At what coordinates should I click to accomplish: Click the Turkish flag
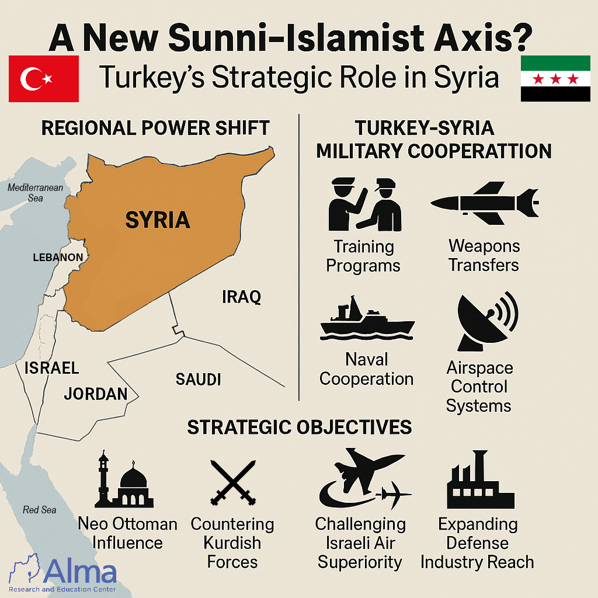44,78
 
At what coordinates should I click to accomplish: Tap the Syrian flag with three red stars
555,78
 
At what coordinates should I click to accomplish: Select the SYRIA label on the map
157,220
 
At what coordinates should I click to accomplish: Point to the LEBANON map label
58,258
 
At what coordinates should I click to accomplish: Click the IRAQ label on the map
241,297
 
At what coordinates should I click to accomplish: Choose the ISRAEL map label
51,368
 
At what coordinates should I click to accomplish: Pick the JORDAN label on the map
96,394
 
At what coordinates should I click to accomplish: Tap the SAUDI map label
198,380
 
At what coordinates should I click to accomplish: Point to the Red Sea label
40,510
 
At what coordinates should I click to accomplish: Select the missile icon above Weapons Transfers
484,204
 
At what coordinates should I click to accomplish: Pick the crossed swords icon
233,482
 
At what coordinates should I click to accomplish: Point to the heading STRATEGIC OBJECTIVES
299,427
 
